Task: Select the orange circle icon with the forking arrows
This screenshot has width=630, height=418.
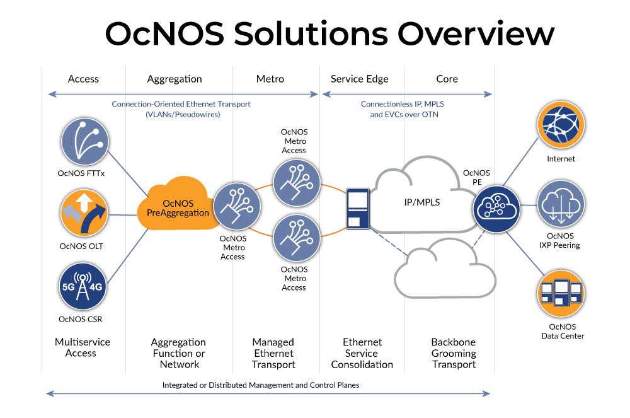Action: [x=84, y=212]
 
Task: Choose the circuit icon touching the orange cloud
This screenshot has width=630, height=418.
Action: [x=237, y=206]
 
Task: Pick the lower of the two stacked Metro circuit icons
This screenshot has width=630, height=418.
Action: [x=295, y=238]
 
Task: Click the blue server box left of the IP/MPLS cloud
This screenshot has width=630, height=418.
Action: [x=358, y=208]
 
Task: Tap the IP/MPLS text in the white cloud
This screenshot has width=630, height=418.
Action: [x=421, y=203]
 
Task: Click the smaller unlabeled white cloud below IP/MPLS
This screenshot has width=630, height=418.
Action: [x=445, y=269]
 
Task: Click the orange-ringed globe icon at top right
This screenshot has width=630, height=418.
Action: [x=560, y=126]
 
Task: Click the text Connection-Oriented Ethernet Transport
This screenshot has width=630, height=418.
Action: [x=181, y=104]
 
